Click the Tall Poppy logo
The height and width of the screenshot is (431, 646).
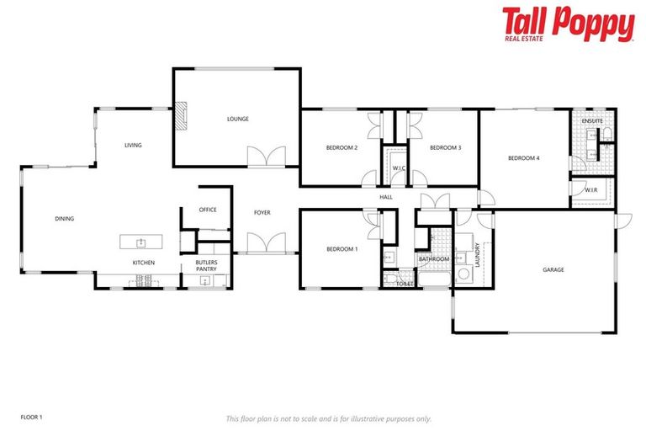coord(568,24)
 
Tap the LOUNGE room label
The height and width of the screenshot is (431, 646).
coord(238,119)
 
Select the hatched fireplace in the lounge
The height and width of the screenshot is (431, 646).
coord(181,115)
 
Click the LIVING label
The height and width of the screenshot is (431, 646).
coord(133,145)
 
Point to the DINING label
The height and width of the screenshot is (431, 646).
coord(65,219)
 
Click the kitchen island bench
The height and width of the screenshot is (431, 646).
coord(141,242)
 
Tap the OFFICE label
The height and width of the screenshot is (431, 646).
coord(208,210)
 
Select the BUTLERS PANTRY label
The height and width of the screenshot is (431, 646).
coord(207,266)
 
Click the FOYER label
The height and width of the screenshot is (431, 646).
coord(262,212)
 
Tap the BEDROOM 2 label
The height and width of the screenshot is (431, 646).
coord(342,148)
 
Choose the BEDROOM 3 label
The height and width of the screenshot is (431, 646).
coord(446,148)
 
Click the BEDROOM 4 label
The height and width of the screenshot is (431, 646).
coord(523,157)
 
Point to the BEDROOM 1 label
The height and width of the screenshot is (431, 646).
coord(342,249)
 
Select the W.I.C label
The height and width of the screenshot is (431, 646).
coord(400,168)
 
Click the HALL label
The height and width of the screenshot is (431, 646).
coord(386,197)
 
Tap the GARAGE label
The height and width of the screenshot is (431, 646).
coord(553,269)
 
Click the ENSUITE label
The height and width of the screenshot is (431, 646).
coord(593,120)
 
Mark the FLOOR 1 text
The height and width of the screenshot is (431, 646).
coord(31,417)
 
